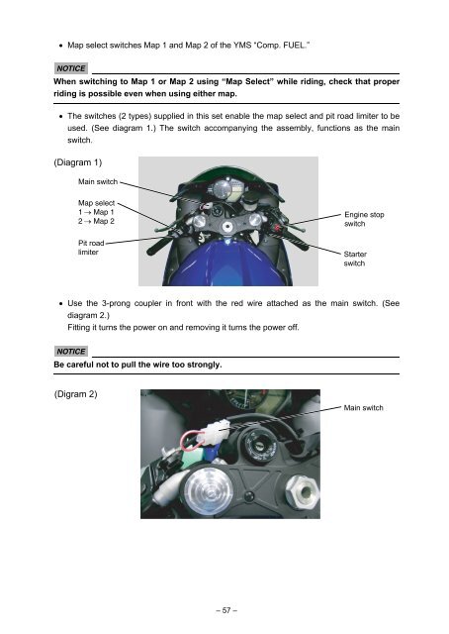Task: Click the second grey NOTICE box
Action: point(70,351)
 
